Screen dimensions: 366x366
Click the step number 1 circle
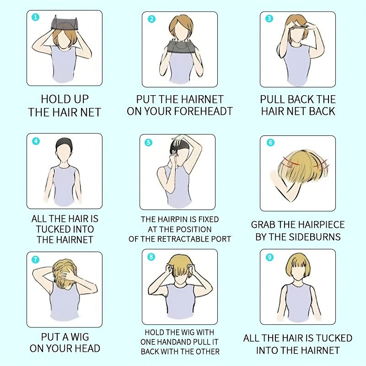[x=36, y=17]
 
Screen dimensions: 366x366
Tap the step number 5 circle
[x=148, y=142]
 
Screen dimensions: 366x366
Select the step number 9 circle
[x=269, y=257]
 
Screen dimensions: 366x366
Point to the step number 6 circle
[x=270, y=142]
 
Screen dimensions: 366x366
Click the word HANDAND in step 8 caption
[x=172, y=342]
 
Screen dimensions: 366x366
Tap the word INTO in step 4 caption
[x=83, y=229]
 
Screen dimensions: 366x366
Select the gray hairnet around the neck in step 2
[x=181, y=47]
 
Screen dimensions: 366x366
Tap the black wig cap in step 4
[x=64, y=143]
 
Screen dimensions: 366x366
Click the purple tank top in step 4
[x=65, y=185]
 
